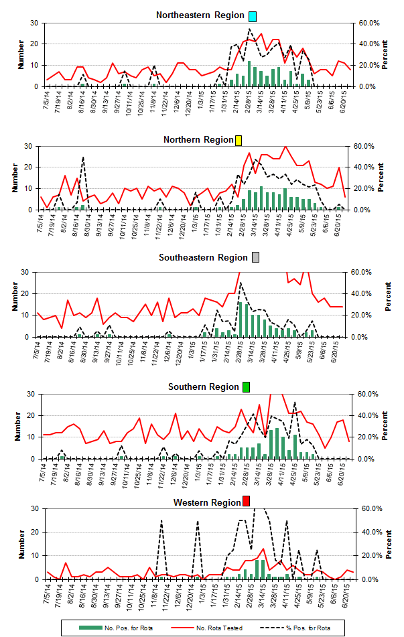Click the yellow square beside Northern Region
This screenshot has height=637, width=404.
(x=239, y=140)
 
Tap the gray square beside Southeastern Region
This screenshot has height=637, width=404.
(x=255, y=258)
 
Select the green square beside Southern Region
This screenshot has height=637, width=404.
(x=246, y=387)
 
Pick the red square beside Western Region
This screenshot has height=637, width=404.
(x=247, y=502)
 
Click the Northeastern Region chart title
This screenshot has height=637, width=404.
(x=199, y=15)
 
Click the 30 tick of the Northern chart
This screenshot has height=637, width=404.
(x=29, y=146)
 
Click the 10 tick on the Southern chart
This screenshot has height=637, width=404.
(x=29, y=437)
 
